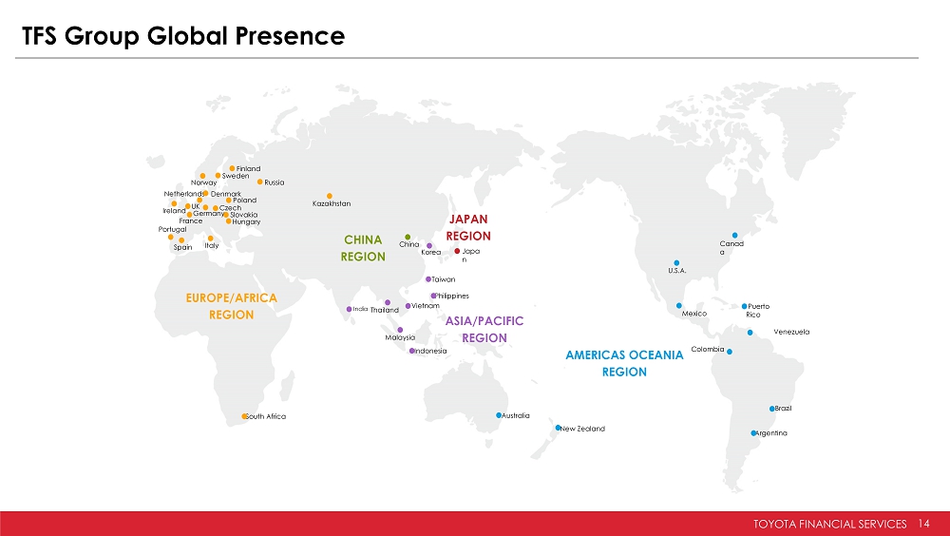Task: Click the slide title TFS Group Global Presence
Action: (x=183, y=36)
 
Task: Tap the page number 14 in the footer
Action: (x=923, y=524)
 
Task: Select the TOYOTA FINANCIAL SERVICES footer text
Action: (x=830, y=524)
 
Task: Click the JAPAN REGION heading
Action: (x=468, y=227)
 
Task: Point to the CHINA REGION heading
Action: (x=363, y=248)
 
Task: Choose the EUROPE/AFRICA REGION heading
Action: (x=232, y=306)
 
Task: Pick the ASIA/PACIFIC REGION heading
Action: (x=484, y=329)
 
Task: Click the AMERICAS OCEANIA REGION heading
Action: (x=625, y=363)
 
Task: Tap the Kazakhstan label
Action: (x=332, y=203)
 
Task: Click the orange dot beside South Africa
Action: (x=244, y=416)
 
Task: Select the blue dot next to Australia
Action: (x=499, y=415)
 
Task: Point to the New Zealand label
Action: (x=583, y=429)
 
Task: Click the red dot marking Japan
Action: (x=457, y=251)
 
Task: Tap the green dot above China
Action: (x=408, y=237)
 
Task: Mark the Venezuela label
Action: (x=791, y=332)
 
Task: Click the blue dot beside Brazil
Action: (x=771, y=409)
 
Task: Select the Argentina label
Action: (x=771, y=433)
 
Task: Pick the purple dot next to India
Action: (x=349, y=309)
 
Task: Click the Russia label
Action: (x=275, y=182)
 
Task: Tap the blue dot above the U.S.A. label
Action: (x=676, y=263)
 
